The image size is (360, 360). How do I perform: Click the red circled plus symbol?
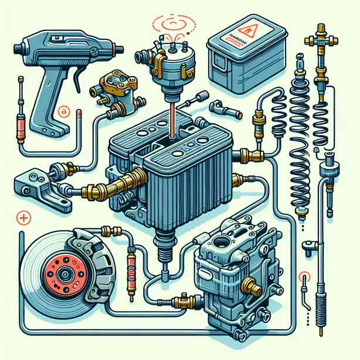pyautogui.click(x=24, y=218)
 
